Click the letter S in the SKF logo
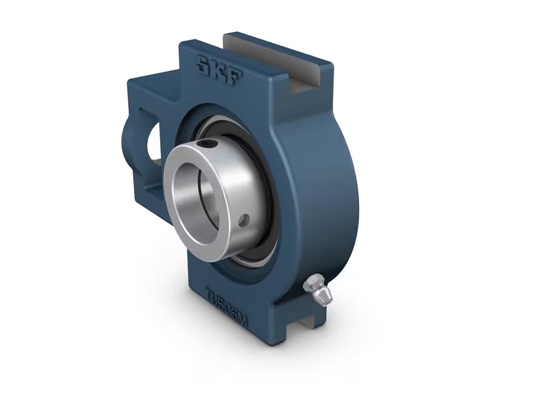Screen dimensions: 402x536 click(x=204, y=65)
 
